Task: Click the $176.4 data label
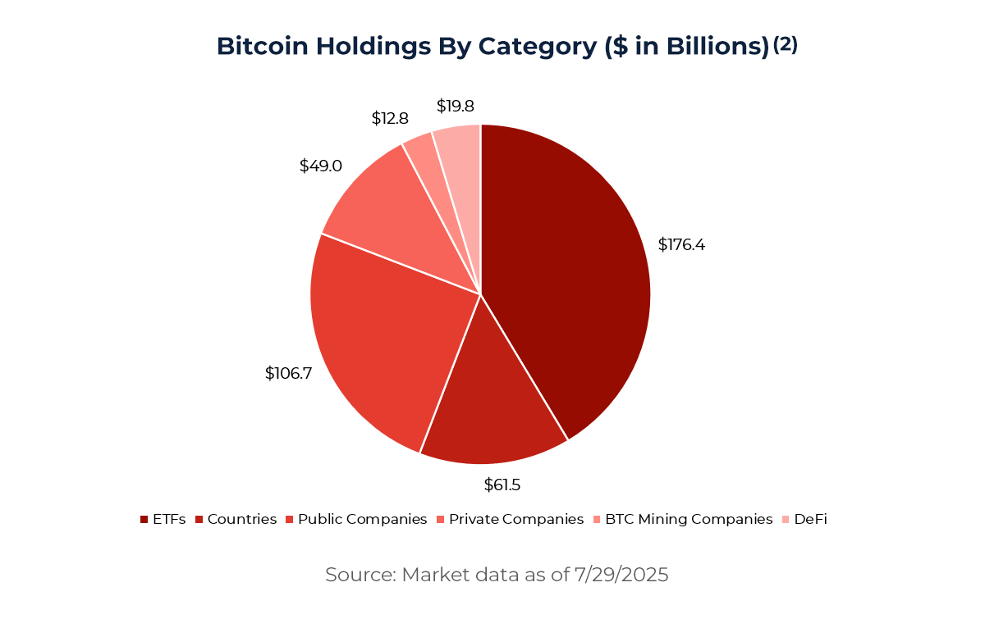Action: [x=681, y=244]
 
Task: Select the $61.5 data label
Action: [x=502, y=485]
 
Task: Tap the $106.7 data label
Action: [x=288, y=373]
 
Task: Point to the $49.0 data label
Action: [x=320, y=166]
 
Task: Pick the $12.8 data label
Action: [x=390, y=118]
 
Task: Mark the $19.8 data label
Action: [x=455, y=106]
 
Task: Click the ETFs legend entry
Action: [x=163, y=519]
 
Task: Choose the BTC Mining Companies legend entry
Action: [x=682, y=519]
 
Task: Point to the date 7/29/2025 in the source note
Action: [x=619, y=575]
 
